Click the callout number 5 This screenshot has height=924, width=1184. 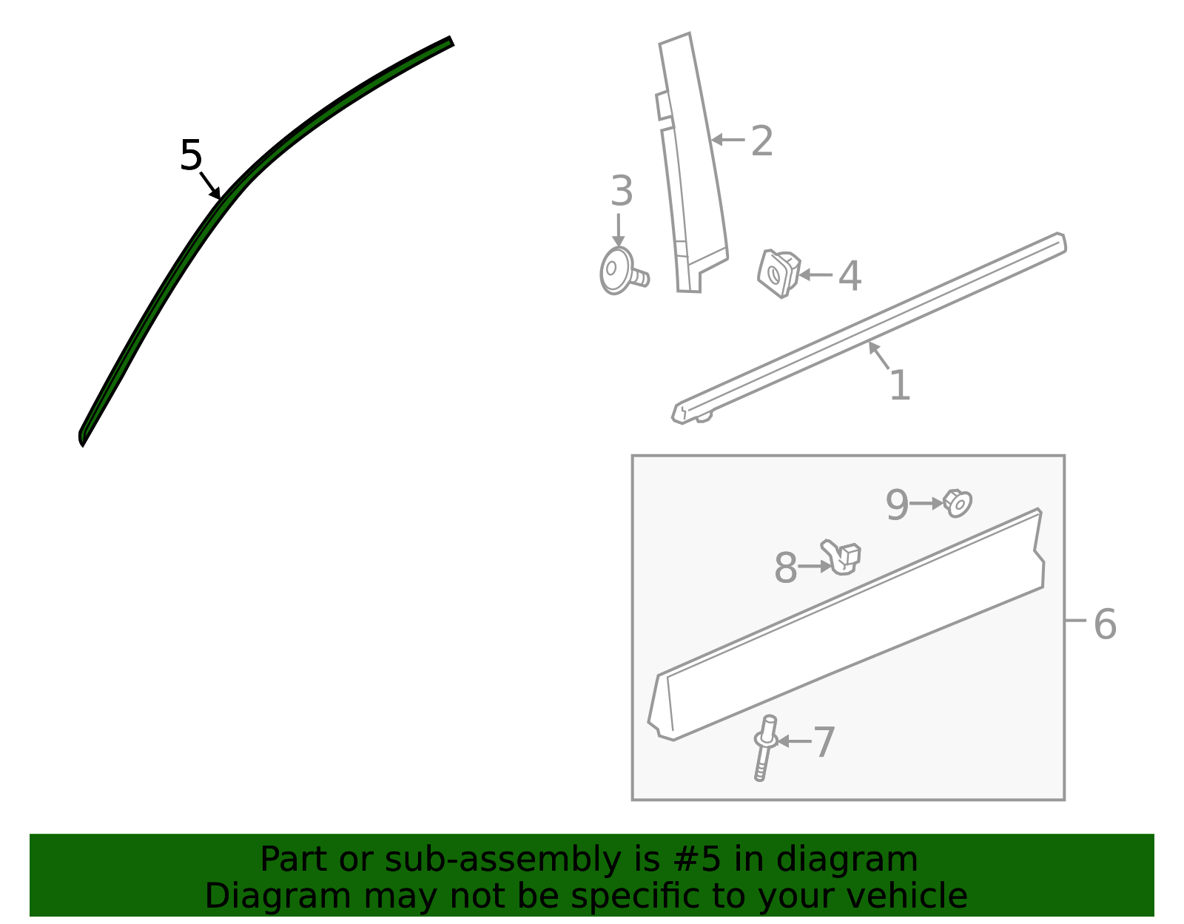(191, 155)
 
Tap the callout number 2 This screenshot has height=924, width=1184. (761, 141)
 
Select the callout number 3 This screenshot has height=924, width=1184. (622, 191)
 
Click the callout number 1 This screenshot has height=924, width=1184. (900, 385)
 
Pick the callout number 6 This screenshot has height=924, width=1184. (1105, 624)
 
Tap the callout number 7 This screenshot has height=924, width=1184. (824, 741)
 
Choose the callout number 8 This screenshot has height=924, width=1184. (786, 568)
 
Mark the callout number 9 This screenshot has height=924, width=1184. (897, 505)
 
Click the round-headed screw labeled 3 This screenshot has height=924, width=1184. (621, 272)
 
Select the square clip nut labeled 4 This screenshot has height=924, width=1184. (778, 273)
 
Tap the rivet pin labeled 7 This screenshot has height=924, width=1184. (765, 748)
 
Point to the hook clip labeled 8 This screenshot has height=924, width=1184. (841, 558)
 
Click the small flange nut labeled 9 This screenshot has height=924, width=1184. (958, 503)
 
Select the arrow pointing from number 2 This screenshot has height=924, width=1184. (728, 140)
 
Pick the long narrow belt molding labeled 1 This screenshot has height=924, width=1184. (869, 328)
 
